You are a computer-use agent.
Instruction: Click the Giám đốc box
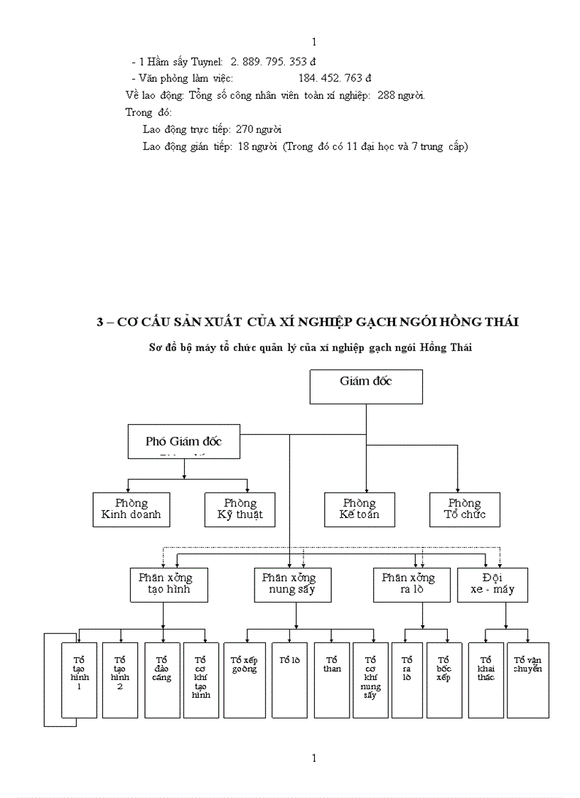pyautogui.click(x=366, y=387)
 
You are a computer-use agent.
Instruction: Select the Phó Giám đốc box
pyautogui.click(x=184, y=441)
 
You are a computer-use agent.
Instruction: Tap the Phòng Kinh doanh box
pyautogui.click(x=131, y=509)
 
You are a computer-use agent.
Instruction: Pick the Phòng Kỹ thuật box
pyautogui.click(x=240, y=509)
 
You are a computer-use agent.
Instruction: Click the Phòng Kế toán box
pyautogui.click(x=360, y=509)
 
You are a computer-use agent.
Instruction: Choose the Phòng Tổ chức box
pyautogui.click(x=465, y=509)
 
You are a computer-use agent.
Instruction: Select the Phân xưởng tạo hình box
pyautogui.click(x=165, y=584)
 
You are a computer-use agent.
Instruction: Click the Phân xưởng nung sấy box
pyautogui.click(x=293, y=584)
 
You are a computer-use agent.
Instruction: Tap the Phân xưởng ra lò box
pyautogui.click(x=409, y=584)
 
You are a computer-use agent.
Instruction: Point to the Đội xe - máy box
pyautogui.click(x=493, y=584)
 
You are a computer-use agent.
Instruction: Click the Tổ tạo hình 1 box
pyautogui.click(x=79, y=679)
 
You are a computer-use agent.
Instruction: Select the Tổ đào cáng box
pyautogui.click(x=162, y=679)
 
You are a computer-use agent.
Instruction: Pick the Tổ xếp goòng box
pyautogui.click(x=245, y=679)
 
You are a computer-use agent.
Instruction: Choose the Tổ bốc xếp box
pyautogui.click(x=444, y=679)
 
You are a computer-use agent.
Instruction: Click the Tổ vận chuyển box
pyautogui.click(x=528, y=679)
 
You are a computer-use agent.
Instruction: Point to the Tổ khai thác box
pyautogui.click(x=486, y=679)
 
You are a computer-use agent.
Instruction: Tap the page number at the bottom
pyautogui.click(x=314, y=757)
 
